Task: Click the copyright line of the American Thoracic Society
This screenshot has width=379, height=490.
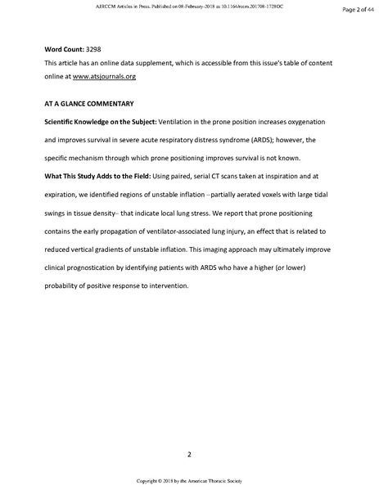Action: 189,480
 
